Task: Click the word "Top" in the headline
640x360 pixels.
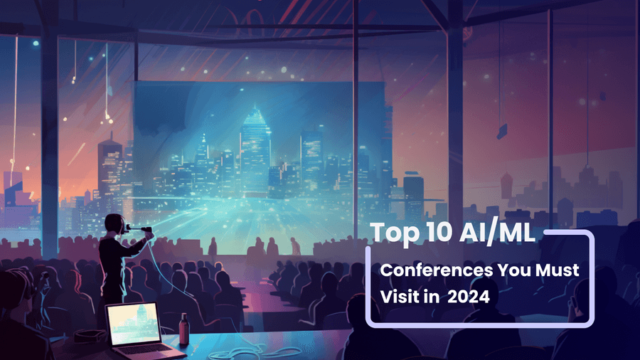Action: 389,233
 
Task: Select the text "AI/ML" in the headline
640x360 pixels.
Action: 497,233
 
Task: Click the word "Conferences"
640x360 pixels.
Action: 437,270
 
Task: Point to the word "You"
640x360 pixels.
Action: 515,270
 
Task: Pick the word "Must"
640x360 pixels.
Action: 557,270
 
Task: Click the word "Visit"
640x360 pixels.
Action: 400,297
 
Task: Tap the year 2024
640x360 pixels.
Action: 468,297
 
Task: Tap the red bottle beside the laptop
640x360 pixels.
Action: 184,329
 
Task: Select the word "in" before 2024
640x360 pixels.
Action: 431,297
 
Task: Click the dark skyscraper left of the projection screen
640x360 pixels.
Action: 110,171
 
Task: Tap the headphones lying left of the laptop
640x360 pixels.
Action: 90,337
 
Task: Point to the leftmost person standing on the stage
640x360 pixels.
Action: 213,247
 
